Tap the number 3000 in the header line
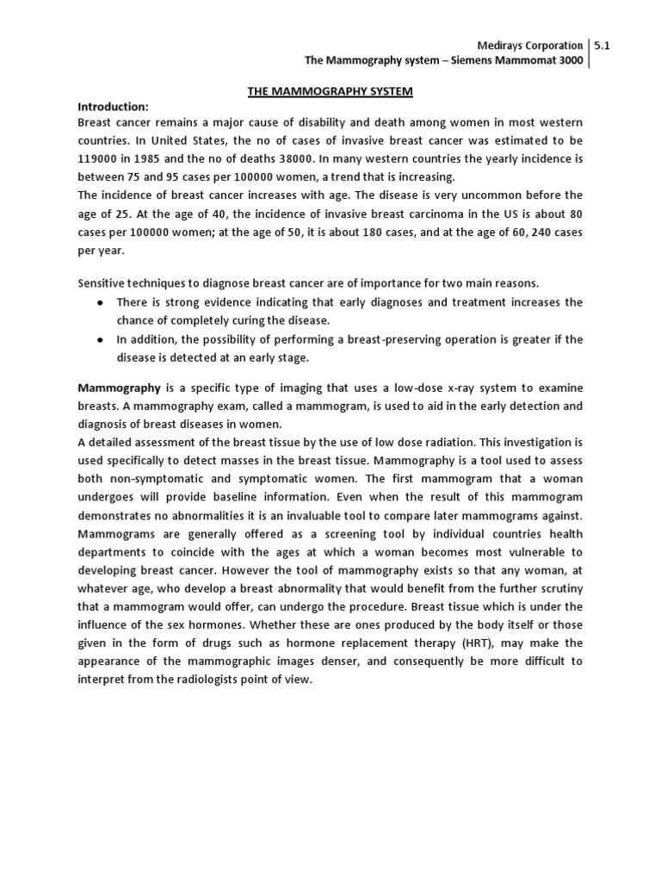[564, 61]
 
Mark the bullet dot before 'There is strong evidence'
[102, 303]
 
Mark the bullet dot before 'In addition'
[102, 339]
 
